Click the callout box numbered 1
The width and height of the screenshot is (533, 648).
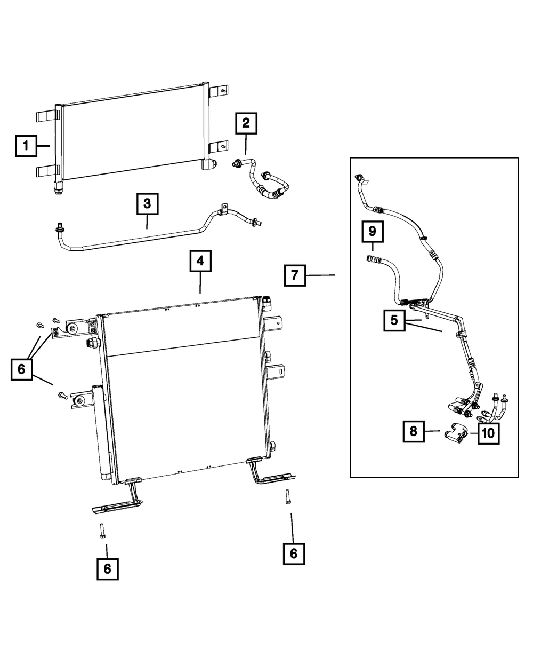pos(26,146)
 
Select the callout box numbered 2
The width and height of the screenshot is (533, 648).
pos(246,123)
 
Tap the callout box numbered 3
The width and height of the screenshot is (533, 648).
pos(148,204)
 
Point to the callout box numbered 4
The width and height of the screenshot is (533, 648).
pos(200,261)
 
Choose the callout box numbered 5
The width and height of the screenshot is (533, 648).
pos(394,320)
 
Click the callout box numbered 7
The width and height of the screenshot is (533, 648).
pos(295,275)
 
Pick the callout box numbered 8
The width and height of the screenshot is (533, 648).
pos(414,431)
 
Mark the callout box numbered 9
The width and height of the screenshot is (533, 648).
pos(373,232)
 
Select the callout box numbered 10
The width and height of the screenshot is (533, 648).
pos(488,433)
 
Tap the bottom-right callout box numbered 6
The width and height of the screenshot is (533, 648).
pos(294,554)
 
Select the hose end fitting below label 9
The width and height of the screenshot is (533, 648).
pos(370,258)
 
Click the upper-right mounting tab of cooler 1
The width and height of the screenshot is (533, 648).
pos(218,92)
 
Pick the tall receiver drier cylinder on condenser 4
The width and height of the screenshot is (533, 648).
pos(102,433)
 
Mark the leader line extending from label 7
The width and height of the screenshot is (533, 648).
pos(320,275)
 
